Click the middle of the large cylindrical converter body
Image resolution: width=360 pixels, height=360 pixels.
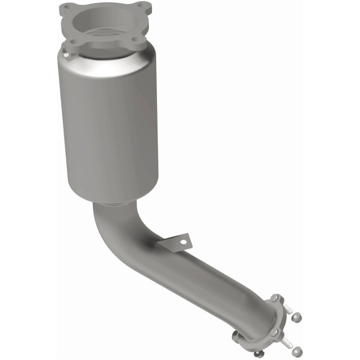[x=108, y=126]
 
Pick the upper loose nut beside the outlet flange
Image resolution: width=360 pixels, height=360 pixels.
[x=297, y=318]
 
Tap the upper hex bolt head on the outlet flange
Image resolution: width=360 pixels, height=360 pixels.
[x=275, y=298]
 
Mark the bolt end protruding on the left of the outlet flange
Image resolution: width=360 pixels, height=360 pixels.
[x=236, y=335]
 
